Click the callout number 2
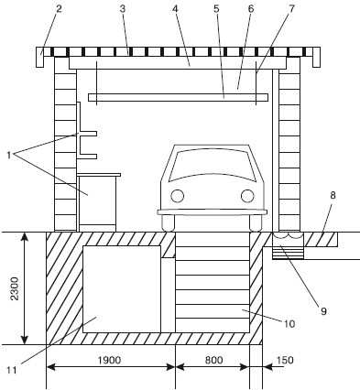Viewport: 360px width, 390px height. pyautogui.click(x=59, y=9)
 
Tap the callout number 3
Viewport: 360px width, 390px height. pyautogui.click(x=122, y=9)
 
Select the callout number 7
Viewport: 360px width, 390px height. pyautogui.click(x=291, y=9)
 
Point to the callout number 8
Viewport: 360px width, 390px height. pyautogui.click(x=333, y=195)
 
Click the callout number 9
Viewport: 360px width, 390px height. pyautogui.click(x=323, y=311)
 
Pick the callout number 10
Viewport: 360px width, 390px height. pyautogui.click(x=289, y=324)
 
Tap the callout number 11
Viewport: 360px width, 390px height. pyautogui.click(x=12, y=370)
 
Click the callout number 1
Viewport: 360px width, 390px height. pyautogui.click(x=9, y=155)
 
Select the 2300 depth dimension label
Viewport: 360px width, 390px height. pyautogui.click(x=15, y=288)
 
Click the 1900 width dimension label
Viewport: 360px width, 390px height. pyautogui.click(x=109, y=360)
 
